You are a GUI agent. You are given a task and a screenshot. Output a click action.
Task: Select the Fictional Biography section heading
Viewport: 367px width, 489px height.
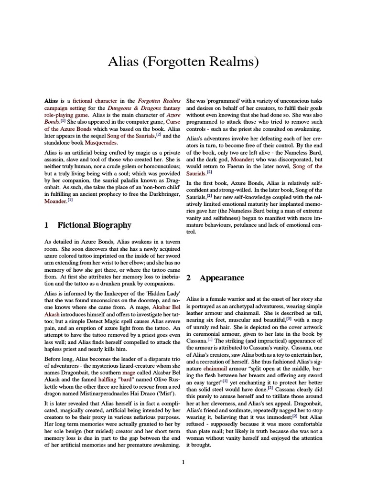[94, 225]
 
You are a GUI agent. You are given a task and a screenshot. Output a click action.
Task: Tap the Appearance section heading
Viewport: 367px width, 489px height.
[222, 277]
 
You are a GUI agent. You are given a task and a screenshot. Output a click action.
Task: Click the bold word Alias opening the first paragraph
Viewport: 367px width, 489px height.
[51, 101]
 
